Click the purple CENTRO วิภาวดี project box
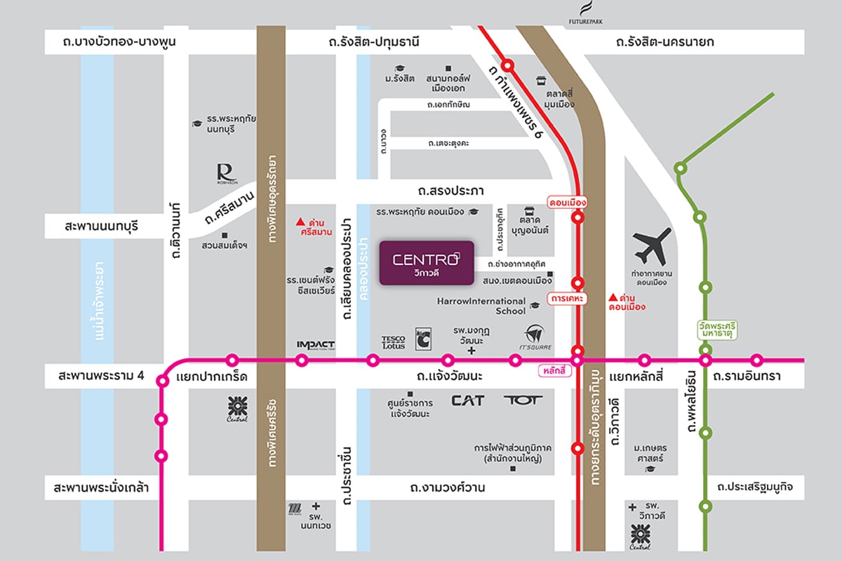[427, 263]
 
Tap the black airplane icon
[651, 246]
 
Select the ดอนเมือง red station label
[566, 203]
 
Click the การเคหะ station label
[568, 299]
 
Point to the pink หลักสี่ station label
[554, 370]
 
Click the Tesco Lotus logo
[393, 342]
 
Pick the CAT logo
[467, 401]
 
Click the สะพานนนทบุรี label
[102, 227]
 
